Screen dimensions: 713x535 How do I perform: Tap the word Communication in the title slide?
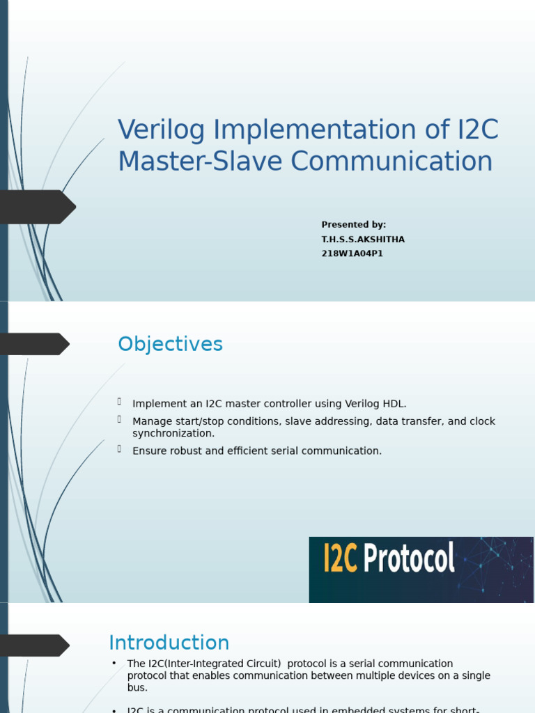pos(391,162)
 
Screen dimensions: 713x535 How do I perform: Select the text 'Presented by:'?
pos(353,225)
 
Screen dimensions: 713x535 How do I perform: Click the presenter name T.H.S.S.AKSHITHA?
pos(362,240)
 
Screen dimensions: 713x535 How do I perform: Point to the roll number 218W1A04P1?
pos(352,254)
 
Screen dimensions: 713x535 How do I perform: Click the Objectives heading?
pos(170,344)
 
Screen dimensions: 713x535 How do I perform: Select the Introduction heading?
pos(169,643)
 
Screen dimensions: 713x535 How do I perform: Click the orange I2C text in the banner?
pos(341,558)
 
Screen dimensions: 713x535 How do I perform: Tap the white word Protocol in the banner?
pos(410,558)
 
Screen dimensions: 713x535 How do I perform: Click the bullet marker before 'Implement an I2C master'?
pos(120,402)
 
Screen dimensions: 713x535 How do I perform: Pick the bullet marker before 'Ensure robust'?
pos(120,449)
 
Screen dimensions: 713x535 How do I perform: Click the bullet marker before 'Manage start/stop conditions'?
pos(120,419)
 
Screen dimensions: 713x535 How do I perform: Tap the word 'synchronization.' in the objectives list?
pos(173,434)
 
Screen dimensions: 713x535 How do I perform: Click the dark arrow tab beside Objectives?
pos(33,344)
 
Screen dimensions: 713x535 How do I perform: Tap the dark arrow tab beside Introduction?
pos(33,645)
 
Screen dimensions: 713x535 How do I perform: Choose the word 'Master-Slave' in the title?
pos(201,162)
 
